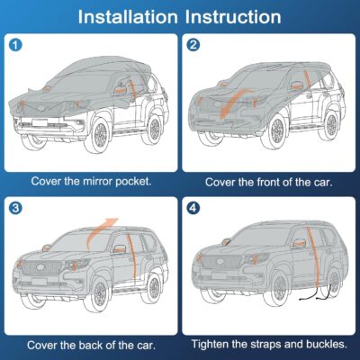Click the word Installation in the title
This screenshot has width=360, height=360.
point(128,17)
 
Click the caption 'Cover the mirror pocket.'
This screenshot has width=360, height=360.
point(91,180)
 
